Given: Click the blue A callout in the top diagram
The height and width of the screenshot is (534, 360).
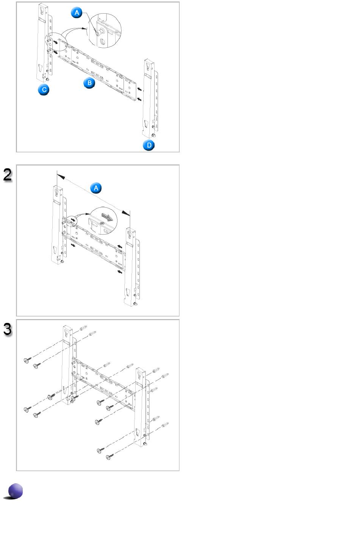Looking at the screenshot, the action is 77,13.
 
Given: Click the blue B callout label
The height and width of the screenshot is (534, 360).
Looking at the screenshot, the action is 89,83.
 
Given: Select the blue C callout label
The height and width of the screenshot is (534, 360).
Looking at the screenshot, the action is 44,90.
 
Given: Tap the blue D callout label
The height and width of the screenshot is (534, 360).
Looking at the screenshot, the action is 149,145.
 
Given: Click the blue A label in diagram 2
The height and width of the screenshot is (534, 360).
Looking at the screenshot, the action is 96,188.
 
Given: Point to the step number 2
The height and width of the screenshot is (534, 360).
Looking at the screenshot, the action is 8,175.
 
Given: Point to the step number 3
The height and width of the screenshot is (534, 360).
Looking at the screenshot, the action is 8,329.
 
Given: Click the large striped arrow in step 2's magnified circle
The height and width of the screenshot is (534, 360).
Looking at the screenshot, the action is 107,217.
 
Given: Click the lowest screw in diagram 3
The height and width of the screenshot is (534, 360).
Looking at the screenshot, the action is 110,457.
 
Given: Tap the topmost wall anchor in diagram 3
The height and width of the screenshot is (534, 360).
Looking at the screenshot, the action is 83,327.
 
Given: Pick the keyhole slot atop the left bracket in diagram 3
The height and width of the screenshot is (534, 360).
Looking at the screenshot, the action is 67,332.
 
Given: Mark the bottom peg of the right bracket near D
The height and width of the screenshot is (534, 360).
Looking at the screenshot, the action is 153,136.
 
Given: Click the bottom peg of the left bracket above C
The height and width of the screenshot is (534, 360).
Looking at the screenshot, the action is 47,79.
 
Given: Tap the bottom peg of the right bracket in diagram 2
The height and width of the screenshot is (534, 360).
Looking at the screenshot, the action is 135,304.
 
